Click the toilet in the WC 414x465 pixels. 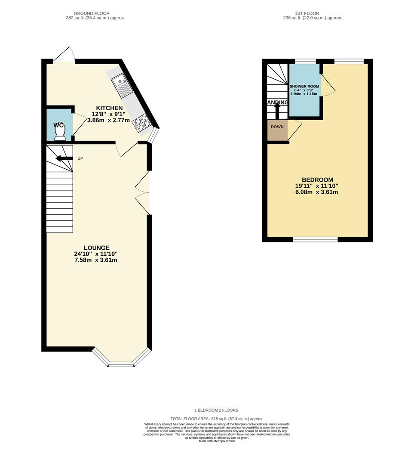click(x=60, y=134)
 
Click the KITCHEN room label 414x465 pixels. click(x=109, y=108)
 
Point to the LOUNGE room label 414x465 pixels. click(x=96, y=248)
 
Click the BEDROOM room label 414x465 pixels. click(x=317, y=180)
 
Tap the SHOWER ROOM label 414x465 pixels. click(x=304, y=87)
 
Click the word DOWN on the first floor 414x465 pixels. click(x=277, y=127)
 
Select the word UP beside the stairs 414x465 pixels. click(x=80, y=158)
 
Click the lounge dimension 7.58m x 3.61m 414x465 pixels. click(x=96, y=260)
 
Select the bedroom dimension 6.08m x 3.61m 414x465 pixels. click(x=317, y=192)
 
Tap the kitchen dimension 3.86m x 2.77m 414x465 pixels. click(x=108, y=121)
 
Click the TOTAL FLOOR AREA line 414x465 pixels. click(x=217, y=418)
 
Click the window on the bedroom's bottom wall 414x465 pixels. click(x=315, y=239)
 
